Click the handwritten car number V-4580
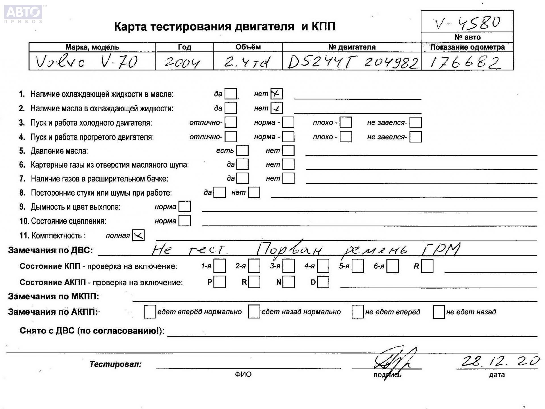click(x=467, y=22)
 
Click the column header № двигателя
click(x=352, y=47)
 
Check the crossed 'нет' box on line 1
click(x=276, y=94)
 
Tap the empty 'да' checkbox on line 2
click(x=230, y=108)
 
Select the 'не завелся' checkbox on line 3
click(x=415, y=122)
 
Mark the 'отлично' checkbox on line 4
click(x=230, y=137)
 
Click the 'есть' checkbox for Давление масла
click(x=242, y=151)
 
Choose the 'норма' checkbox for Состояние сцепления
click(x=185, y=221)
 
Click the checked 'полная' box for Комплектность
click(x=138, y=235)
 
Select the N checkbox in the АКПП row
click(x=288, y=282)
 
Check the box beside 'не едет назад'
click(x=438, y=312)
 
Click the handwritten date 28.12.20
click(x=500, y=361)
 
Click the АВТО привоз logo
click(x=23, y=13)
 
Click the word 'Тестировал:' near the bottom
click(x=115, y=364)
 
